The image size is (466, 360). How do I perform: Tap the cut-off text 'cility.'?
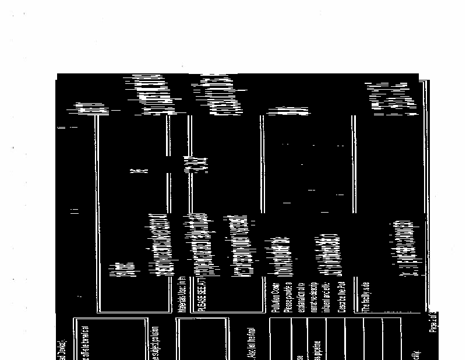[415, 352]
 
